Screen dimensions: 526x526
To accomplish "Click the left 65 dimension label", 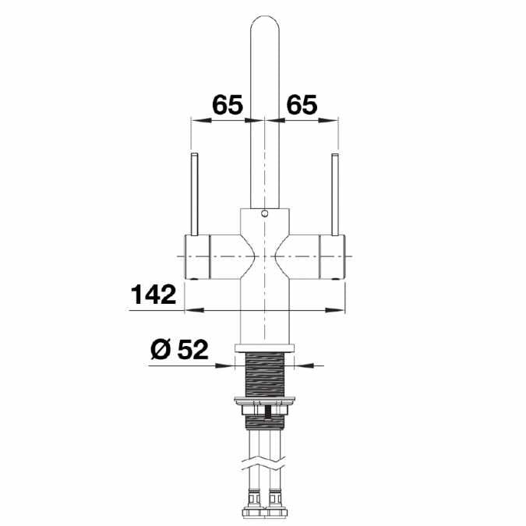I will click(x=228, y=104).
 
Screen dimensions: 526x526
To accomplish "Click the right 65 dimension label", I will click(x=302, y=104).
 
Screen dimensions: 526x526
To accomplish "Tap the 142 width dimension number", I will click(x=154, y=295).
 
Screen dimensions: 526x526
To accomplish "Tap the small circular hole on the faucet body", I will click(x=264, y=213).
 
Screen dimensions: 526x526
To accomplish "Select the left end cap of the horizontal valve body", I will click(x=196, y=256).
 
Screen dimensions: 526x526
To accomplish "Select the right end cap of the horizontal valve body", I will click(x=333, y=256).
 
